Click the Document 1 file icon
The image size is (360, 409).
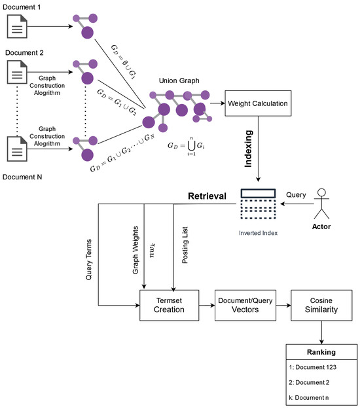[16, 27]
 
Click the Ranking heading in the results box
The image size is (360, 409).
[321, 352]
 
